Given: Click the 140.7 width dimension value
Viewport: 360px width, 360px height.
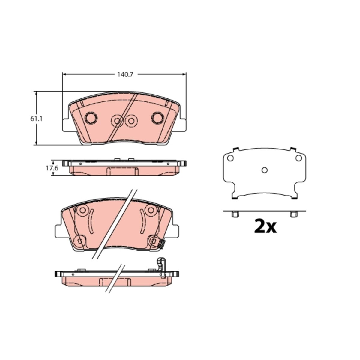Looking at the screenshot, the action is (x=125, y=74).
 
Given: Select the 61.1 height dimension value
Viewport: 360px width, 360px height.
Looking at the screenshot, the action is (x=36, y=118).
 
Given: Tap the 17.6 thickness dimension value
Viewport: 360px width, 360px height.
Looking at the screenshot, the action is (x=52, y=168).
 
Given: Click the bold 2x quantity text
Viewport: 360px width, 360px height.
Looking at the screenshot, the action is (x=265, y=226).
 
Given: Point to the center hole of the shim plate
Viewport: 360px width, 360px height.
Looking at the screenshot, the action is (x=265, y=170).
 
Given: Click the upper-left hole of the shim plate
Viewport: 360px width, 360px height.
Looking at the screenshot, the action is (x=230, y=158).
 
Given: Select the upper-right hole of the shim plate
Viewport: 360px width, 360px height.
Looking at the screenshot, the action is (x=298, y=158).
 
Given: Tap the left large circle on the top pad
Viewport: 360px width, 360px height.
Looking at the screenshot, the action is (x=91, y=118).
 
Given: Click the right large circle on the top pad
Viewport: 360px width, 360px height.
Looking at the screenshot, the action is (x=157, y=118).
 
